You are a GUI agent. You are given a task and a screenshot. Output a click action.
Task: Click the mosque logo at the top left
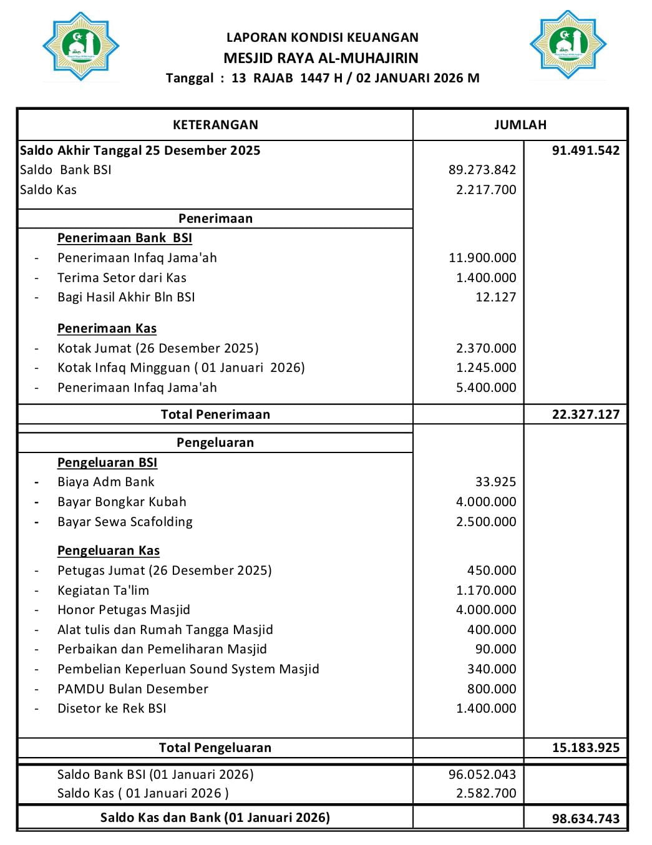pyautogui.click(x=80, y=46)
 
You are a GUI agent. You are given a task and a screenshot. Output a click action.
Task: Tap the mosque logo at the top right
pyautogui.click(x=568, y=44)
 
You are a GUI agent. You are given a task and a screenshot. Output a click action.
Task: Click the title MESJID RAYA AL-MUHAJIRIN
pyautogui.click(x=321, y=58)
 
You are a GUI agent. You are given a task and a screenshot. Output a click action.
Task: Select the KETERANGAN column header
pyautogui.click(x=215, y=125)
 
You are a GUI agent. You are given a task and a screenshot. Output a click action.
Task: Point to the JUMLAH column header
pyautogui.click(x=520, y=125)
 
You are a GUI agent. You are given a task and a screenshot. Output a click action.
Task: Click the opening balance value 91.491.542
pyautogui.click(x=585, y=150)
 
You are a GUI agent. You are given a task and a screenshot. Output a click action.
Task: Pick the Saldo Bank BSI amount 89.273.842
pyautogui.click(x=482, y=170)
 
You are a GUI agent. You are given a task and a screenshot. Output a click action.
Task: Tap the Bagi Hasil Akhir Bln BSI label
pyautogui.click(x=126, y=297)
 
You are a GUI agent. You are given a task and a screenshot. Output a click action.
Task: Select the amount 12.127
pyautogui.click(x=495, y=297)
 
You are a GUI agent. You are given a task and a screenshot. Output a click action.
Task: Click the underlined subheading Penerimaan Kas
pyautogui.click(x=107, y=328)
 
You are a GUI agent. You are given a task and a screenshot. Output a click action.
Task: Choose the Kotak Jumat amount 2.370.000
pyautogui.click(x=485, y=348)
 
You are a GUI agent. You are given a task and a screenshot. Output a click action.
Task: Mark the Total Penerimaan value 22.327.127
pyautogui.click(x=585, y=414)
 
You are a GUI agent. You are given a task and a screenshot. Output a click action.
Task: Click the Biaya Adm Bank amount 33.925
pyautogui.click(x=495, y=482)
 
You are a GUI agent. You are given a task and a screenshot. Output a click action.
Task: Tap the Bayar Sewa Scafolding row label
pyautogui.click(x=125, y=522)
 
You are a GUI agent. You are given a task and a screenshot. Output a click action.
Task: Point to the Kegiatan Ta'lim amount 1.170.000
pyautogui.click(x=485, y=590)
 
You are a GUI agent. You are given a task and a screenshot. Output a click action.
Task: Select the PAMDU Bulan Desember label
pyautogui.click(x=132, y=689)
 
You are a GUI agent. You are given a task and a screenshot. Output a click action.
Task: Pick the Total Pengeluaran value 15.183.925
pyautogui.click(x=585, y=748)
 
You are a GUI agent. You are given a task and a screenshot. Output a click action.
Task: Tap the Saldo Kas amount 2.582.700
pyautogui.click(x=485, y=793)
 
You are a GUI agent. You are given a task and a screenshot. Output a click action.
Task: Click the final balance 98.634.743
pyautogui.click(x=585, y=818)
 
